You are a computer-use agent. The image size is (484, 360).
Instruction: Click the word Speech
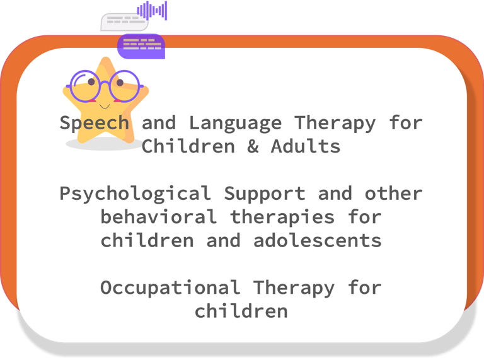[94, 123]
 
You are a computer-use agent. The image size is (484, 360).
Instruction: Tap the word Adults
[306, 146]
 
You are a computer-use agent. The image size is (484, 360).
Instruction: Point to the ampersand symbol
[253, 146]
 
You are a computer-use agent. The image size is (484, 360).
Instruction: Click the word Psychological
[135, 194]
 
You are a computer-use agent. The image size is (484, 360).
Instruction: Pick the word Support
[265, 194]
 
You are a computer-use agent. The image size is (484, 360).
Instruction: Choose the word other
[393, 194]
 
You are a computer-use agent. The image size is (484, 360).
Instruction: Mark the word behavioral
[159, 217]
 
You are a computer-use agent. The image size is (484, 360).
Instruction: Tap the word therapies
[282, 218]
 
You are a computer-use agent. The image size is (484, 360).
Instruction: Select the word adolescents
[318, 240]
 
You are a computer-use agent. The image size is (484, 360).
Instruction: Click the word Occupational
[170, 288]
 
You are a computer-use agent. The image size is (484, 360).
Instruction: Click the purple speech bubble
[141, 46]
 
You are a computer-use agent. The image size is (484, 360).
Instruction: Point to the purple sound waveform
[152, 11]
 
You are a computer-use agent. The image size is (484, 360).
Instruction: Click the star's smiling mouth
[105, 107]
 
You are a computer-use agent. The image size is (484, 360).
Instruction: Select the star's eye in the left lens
[91, 82]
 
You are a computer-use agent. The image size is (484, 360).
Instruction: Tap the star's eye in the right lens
[120, 83]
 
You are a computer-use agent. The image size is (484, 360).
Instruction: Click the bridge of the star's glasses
[105, 83]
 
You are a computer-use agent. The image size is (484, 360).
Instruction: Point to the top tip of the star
[106, 58]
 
